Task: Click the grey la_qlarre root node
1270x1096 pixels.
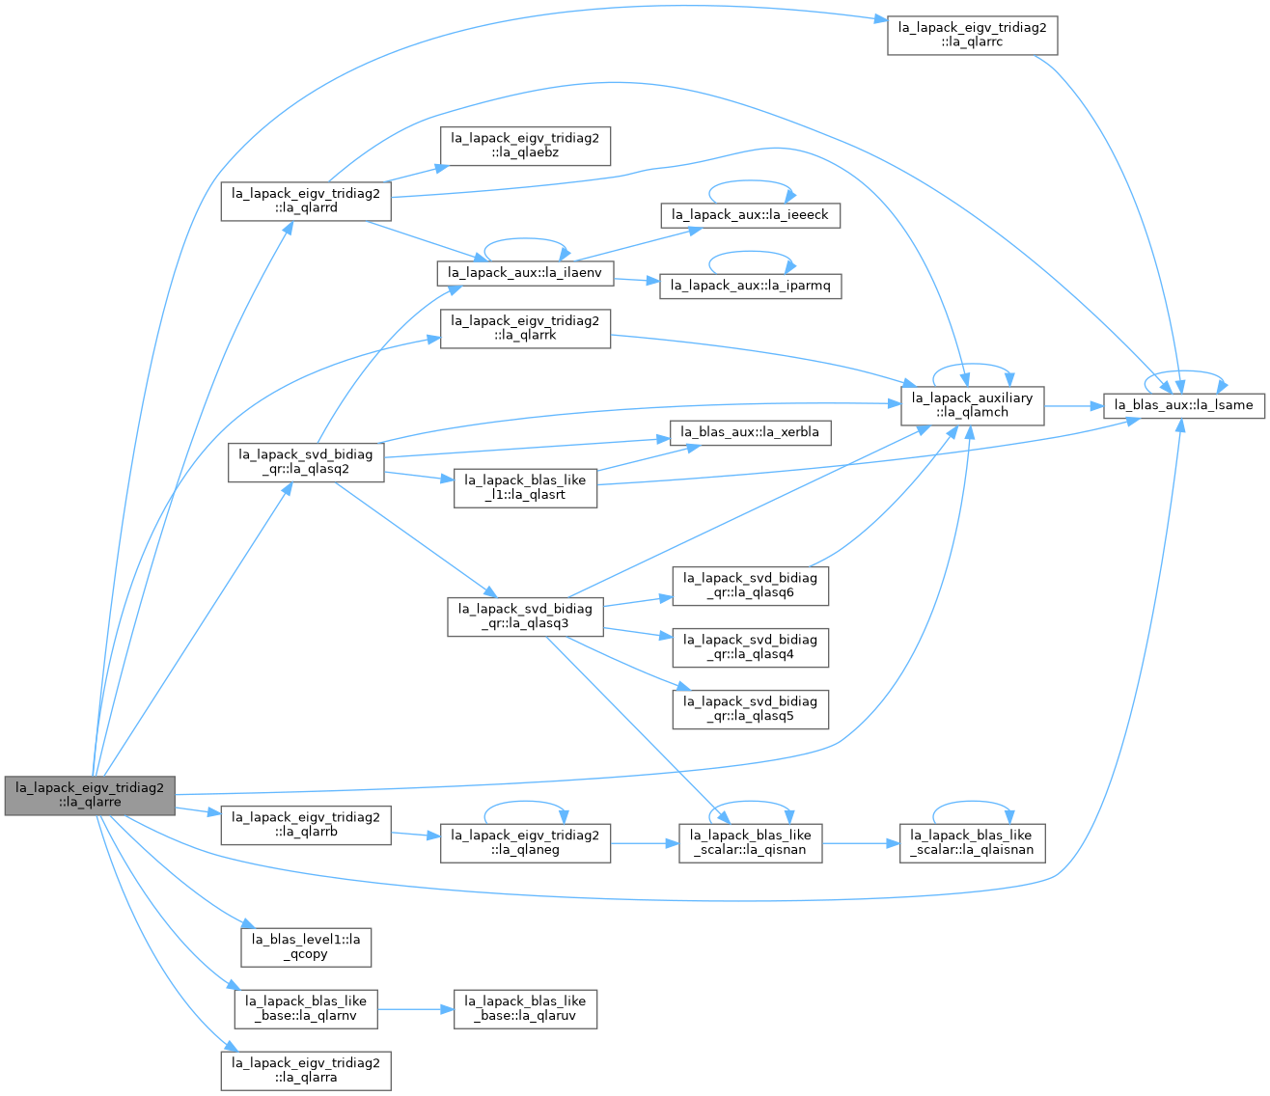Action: click(x=90, y=796)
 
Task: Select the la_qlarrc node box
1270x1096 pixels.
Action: click(x=972, y=35)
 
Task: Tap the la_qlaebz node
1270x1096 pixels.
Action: click(x=525, y=146)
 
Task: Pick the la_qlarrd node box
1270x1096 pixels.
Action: click(x=306, y=201)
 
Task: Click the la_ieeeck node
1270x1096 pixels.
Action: click(x=750, y=216)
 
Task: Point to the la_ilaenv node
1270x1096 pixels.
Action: click(x=525, y=273)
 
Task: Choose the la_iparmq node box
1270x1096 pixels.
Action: click(x=750, y=287)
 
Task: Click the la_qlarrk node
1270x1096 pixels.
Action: click(x=525, y=329)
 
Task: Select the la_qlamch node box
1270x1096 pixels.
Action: click(x=972, y=405)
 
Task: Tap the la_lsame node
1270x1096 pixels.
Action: click(x=1184, y=406)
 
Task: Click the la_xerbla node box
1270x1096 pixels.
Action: click(x=750, y=433)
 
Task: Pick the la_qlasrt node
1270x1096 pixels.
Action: click(x=525, y=488)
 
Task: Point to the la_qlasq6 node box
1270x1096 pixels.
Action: click(x=750, y=586)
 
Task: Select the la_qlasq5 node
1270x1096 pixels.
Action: click(x=750, y=709)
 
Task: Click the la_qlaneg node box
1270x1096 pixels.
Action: click(x=525, y=843)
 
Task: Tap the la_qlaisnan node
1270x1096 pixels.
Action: click(x=972, y=843)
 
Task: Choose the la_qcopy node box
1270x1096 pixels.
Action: click(x=306, y=947)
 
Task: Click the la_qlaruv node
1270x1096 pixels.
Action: click(x=525, y=1009)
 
